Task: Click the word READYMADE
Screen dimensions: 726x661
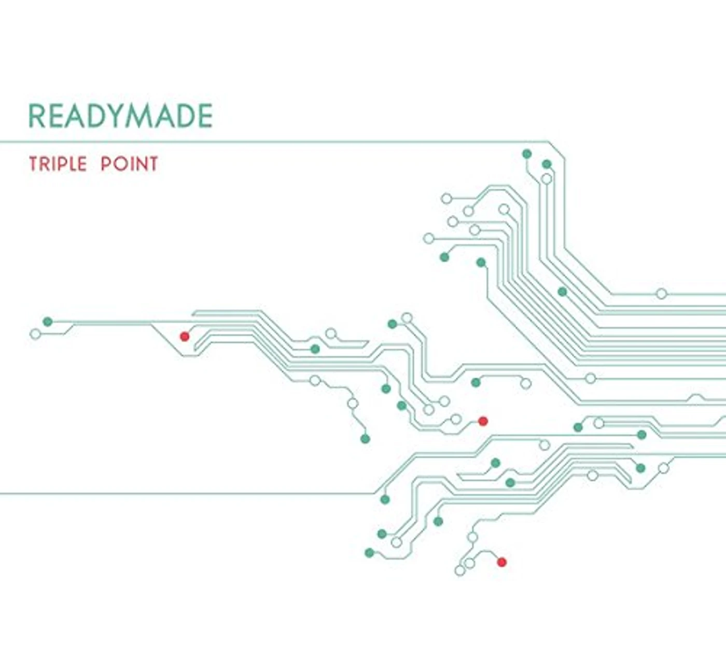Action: click(x=120, y=116)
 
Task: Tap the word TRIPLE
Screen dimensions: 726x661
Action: click(x=58, y=164)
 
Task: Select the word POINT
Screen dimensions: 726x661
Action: click(x=129, y=164)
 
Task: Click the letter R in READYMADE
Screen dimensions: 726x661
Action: click(x=36, y=116)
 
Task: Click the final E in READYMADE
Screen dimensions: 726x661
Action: click(x=205, y=116)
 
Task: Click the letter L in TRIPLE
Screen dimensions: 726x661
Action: click(x=72, y=164)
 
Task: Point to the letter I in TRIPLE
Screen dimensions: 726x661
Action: click(x=52, y=164)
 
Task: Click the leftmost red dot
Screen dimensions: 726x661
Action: click(x=185, y=337)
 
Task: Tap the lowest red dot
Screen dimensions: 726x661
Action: click(x=501, y=562)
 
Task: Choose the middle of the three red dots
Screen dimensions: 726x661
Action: click(x=483, y=421)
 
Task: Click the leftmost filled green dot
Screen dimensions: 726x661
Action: click(x=48, y=321)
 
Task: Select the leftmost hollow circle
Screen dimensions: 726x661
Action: click(x=35, y=334)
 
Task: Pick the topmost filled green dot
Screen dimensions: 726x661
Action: click(x=527, y=154)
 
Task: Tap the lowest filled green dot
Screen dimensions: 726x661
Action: click(x=369, y=553)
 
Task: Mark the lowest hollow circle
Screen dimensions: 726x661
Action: click(x=459, y=570)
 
